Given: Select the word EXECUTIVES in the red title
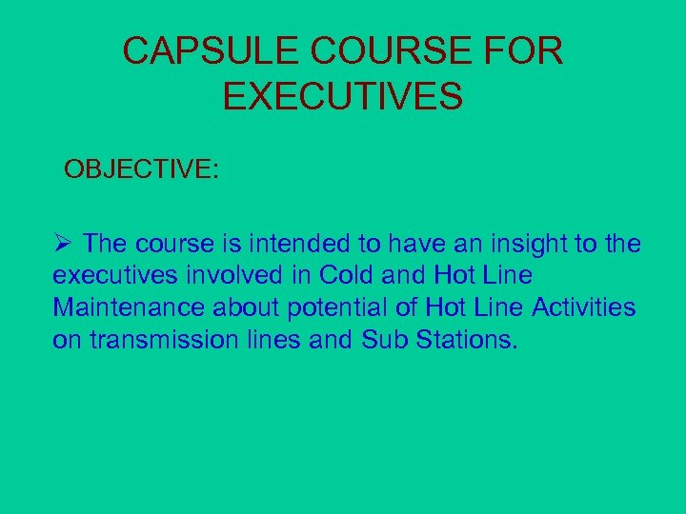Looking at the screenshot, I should [x=343, y=96].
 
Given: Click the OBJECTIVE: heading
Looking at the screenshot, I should [x=142, y=169].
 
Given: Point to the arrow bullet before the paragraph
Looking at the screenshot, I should [x=63, y=244].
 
